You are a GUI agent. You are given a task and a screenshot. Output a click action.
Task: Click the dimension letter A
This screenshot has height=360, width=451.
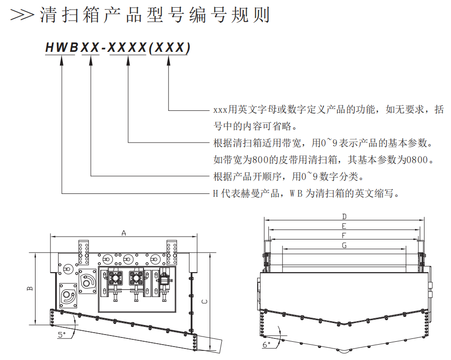tap(123, 233)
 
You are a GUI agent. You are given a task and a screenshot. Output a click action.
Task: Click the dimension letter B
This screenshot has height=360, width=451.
tap(30, 288)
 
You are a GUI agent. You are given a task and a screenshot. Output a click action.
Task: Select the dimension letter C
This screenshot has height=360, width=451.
tap(204, 301)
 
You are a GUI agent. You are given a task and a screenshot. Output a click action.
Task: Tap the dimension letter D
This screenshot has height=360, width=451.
tap(344, 216)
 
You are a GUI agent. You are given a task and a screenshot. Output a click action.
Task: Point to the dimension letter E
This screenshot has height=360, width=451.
tap(344, 226)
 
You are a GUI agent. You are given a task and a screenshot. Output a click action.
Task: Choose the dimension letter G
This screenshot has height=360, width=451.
tap(344, 245)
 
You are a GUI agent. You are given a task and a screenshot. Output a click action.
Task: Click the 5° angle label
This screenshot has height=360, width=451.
tap(61, 335)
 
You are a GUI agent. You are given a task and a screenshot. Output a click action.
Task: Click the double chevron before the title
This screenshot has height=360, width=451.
tap(22, 15)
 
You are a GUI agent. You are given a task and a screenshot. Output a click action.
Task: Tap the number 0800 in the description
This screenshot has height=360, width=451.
tap(416, 159)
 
